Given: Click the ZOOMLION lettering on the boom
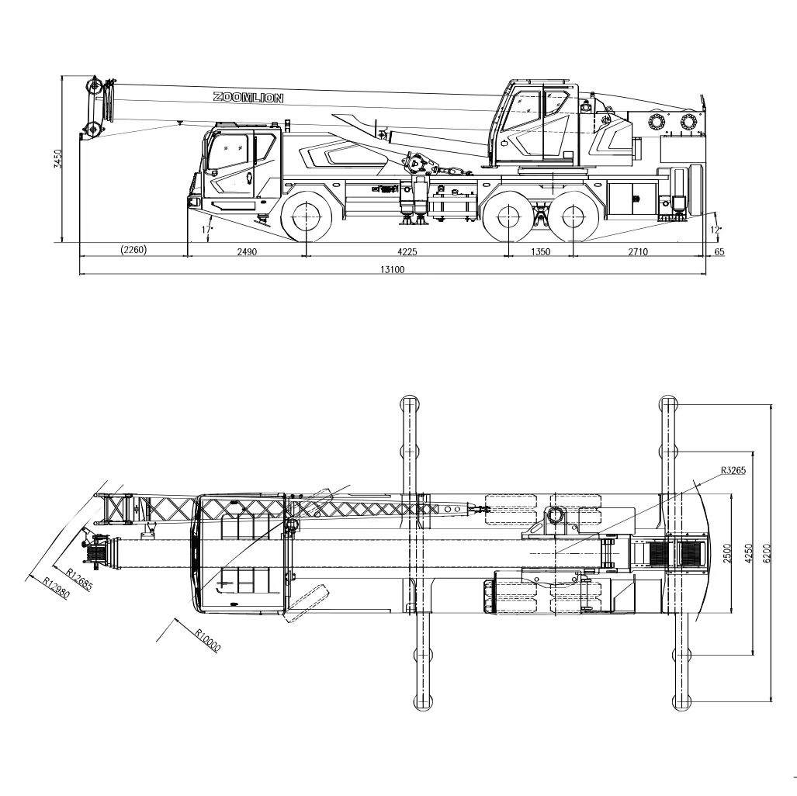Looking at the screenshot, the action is point(248,98).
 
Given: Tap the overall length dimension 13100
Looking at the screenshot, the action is point(393,269).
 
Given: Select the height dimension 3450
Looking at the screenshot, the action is point(58,159).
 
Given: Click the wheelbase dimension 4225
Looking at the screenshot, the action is point(407,251).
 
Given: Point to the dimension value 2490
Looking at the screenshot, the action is point(247,251).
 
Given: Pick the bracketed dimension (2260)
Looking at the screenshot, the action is point(133,250).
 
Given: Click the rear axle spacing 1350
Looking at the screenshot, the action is point(540,251).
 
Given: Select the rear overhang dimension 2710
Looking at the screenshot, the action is point(638,251).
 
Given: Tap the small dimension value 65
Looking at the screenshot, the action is point(719,251).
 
